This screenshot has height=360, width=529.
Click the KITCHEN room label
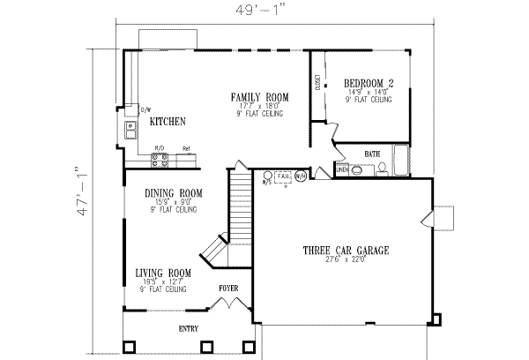pos(166,121)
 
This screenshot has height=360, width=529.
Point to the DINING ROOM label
pos(174,192)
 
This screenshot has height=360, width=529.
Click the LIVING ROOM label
pos(163,273)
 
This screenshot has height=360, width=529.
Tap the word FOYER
pos(228,288)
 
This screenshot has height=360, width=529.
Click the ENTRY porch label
pos(188,329)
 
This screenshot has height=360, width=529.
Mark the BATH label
pos(372,154)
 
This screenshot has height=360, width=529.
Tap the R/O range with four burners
pos(160,160)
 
